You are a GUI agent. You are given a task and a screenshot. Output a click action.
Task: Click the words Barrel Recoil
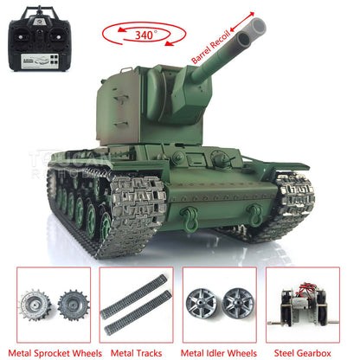click(211, 47)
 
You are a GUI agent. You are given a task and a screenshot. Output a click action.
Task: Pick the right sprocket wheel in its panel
click(70, 307)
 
